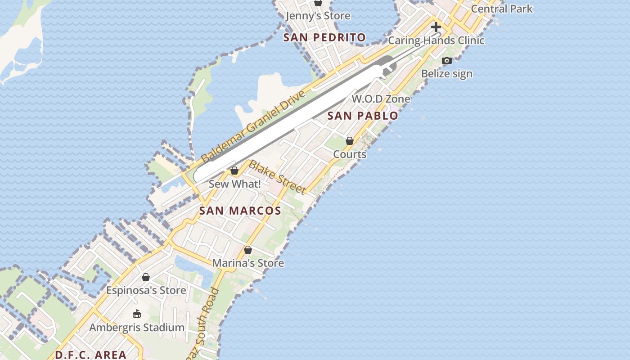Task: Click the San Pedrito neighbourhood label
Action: click(324, 37)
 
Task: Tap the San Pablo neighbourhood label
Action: click(362, 116)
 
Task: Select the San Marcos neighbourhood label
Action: click(240, 211)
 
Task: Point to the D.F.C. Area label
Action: click(90, 355)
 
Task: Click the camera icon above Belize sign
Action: click(446, 60)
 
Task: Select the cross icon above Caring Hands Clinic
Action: click(436, 27)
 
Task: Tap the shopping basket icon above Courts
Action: click(349, 141)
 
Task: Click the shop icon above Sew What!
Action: click(234, 171)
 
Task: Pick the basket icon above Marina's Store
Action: click(247, 250)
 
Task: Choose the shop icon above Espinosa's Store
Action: click(145, 277)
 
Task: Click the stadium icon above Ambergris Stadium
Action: click(136, 314)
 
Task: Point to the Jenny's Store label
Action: click(318, 16)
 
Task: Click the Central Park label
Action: click(501, 9)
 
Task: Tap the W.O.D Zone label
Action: click(381, 99)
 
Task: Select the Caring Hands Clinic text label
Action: click(436, 40)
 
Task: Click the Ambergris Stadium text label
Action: click(137, 328)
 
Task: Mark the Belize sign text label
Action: click(446, 74)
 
